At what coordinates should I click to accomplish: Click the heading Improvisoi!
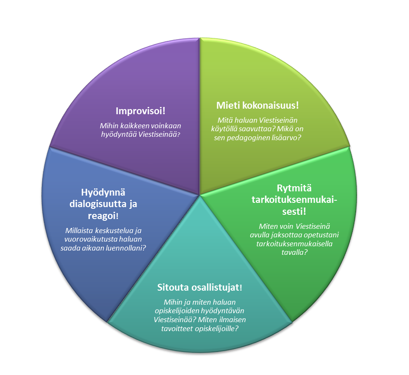point(140,111)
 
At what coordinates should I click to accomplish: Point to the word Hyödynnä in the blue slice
point(104,193)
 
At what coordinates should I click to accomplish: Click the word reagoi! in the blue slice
point(103,216)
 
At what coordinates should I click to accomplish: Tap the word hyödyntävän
point(223,311)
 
